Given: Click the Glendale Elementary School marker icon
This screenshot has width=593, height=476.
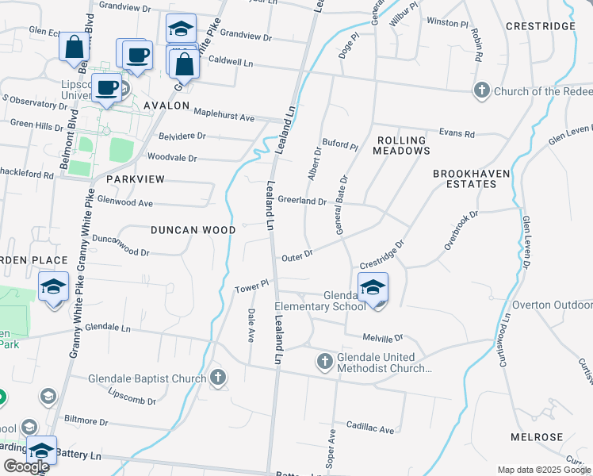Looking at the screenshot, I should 373,287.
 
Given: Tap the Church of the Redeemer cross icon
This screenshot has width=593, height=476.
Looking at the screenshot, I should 482,91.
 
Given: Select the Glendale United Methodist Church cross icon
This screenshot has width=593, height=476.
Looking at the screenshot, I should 324,363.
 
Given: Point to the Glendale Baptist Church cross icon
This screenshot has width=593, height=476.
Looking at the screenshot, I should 218,378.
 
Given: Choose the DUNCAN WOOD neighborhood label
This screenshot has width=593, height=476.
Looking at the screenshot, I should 193,230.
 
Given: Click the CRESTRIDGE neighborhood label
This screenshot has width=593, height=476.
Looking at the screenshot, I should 540,26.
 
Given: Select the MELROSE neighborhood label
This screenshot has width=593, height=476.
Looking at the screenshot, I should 537,437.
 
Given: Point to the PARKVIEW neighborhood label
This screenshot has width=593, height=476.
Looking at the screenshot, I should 136,179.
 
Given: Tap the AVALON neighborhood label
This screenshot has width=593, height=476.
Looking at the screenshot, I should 166,106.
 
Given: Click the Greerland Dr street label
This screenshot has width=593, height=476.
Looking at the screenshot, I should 302,202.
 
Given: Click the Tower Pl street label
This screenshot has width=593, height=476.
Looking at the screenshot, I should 252,284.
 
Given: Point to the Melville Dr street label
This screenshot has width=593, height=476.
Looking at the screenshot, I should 384,337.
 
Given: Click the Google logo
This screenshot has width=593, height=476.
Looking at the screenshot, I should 26,466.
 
